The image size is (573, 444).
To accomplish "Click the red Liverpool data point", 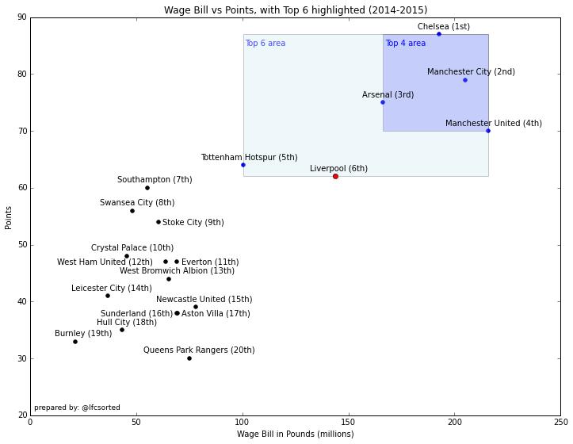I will coord(335,176).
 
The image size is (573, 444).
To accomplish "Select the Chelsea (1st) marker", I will coord(439,34).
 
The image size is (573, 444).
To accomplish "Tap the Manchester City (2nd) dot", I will coord(465,80).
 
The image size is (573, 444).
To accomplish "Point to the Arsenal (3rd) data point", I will coord(383,102).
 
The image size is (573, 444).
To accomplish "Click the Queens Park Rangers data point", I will coord(189,358).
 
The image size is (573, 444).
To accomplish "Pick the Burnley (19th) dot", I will coord(75,342).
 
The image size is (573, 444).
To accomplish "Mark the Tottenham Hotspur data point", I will coord(243,165).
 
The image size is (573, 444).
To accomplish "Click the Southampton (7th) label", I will coord(155,180).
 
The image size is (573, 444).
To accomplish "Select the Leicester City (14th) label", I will coord(111,289).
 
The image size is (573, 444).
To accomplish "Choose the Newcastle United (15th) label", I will coord(204,300).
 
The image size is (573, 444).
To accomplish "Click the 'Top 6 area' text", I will coord(265,44).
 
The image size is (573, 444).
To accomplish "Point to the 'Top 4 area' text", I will coord(405,44).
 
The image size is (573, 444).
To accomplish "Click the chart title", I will coord(295,10).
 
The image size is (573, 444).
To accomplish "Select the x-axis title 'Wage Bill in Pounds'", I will coord(295,434).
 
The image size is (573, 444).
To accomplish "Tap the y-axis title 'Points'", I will coord(9,216).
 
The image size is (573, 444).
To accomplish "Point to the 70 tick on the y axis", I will coord(21,131).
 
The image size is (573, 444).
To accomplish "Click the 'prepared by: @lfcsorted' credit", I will coord(77,408).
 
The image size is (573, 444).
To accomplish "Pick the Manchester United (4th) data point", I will coord(488,131).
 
